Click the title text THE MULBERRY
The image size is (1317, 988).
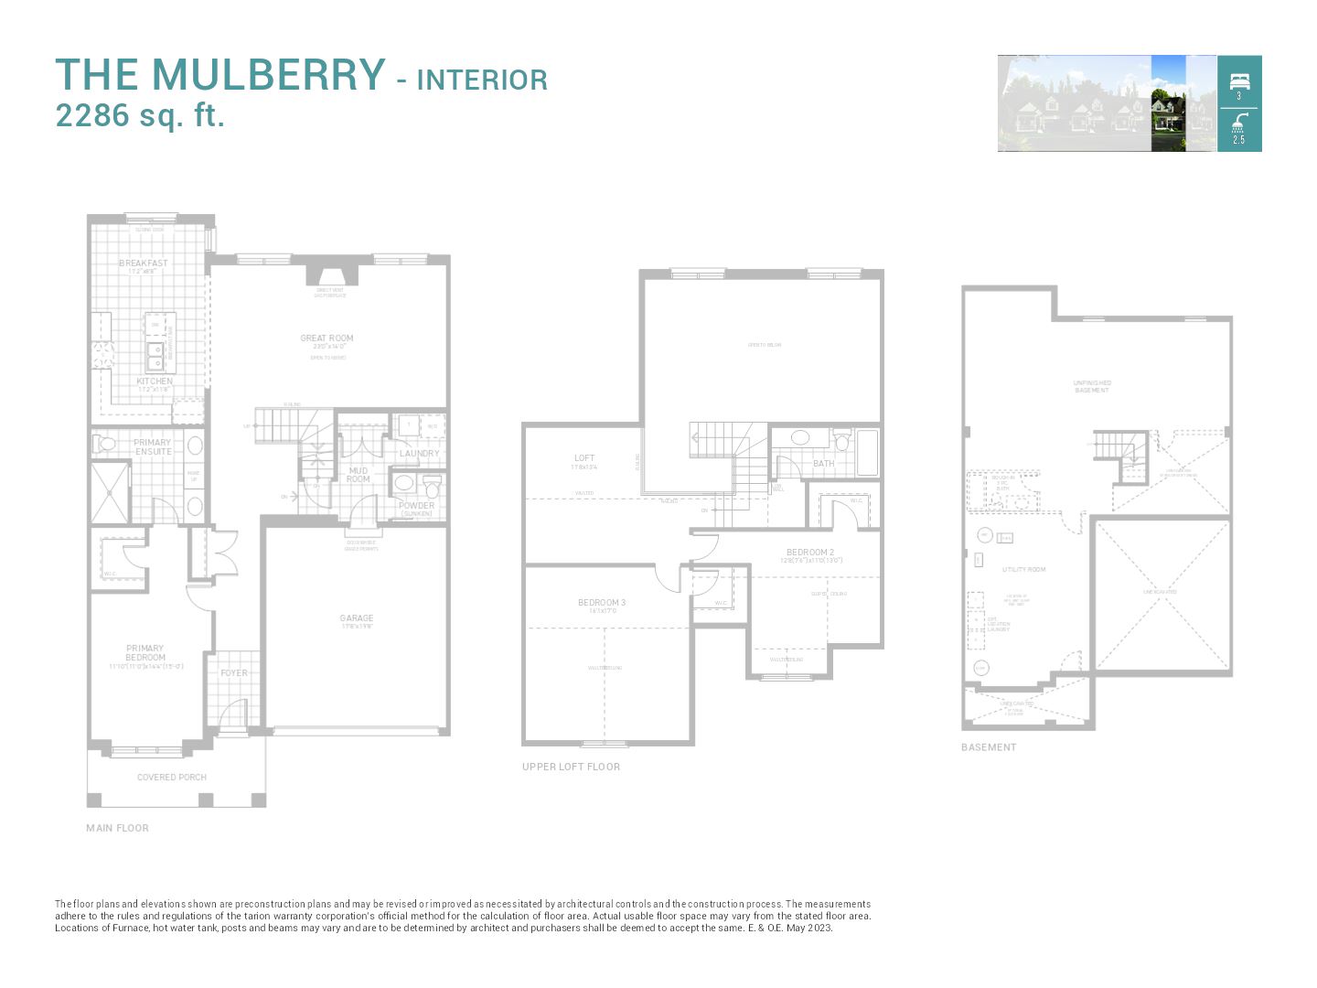219,75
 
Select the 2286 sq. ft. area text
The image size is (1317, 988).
140,116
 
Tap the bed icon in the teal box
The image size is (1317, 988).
1239,81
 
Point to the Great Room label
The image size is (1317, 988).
327,338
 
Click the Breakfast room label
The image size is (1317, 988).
144,263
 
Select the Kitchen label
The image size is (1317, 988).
155,381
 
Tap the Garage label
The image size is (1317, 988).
357,618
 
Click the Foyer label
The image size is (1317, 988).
234,673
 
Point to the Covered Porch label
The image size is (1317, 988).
172,778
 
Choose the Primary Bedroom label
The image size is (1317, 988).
145,653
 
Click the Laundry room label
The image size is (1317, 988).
419,454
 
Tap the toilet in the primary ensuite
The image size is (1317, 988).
102,445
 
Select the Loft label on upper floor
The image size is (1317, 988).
584,458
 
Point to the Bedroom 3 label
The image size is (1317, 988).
602,603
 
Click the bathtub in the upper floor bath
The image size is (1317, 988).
866,452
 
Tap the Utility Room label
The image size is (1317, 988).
1023,570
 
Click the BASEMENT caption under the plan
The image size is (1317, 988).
989,747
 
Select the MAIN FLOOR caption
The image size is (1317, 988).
117,828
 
